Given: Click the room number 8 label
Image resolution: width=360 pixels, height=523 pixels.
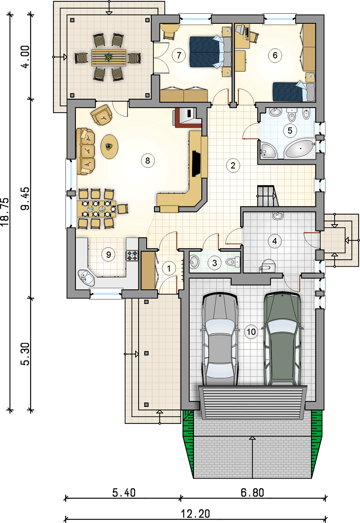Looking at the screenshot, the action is pyautogui.click(x=148, y=161).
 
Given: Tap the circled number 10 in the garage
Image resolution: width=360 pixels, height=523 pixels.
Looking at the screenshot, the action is pyautogui.click(x=251, y=332).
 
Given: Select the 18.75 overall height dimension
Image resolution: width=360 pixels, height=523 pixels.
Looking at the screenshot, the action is pyautogui.click(x=5, y=212).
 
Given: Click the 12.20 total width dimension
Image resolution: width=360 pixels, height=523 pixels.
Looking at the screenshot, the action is pyautogui.click(x=196, y=514).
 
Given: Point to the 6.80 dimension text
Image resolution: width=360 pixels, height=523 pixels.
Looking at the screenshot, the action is pyautogui.click(x=253, y=492).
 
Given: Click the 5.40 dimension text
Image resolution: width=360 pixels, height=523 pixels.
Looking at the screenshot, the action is pyautogui.click(x=124, y=492).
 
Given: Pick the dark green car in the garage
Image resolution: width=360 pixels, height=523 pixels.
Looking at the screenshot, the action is pyautogui.click(x=282, y=339).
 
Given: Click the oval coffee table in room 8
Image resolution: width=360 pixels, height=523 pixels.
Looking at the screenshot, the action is pyautogui.click(x=109, y=147).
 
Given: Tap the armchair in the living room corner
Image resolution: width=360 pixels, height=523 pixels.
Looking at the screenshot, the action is pyautogui.click(x=102, y=115).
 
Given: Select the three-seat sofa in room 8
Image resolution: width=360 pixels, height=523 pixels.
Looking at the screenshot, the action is pyautogui.click(x=86, y=151).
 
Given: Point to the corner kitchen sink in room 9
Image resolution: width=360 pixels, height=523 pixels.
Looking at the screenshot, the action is pyautogui.click(x=86, y=278).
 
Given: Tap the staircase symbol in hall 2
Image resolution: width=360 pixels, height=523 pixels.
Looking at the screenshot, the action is pyautogui.click(x=267, y=196).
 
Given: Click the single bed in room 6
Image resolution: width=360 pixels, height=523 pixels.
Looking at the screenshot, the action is pyautogui.click(x=294, y=92).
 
